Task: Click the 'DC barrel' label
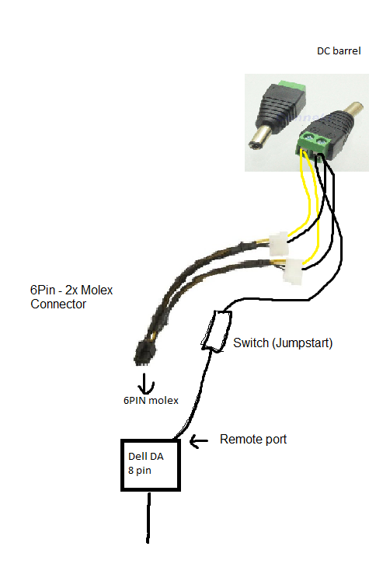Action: (x=339, y=51)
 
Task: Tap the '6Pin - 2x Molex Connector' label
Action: (x=71, y=297)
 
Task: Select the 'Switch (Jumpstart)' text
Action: (x=283, y=343)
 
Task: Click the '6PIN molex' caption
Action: (x=151, y=400)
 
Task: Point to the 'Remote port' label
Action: (x=253, y=440)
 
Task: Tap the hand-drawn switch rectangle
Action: (x=216, y=331)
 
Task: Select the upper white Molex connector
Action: (x=278, y=243)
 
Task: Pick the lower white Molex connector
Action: (x=292, y=272)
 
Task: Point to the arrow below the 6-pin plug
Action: (x=145, y=384)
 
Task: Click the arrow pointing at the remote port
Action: (x=199, y=441)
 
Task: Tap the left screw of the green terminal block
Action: (x=308, y=137)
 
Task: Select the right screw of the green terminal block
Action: (x=321, y=141)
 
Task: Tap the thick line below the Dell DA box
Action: (x=148, y=517)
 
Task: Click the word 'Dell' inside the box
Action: (x=136, y=457)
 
